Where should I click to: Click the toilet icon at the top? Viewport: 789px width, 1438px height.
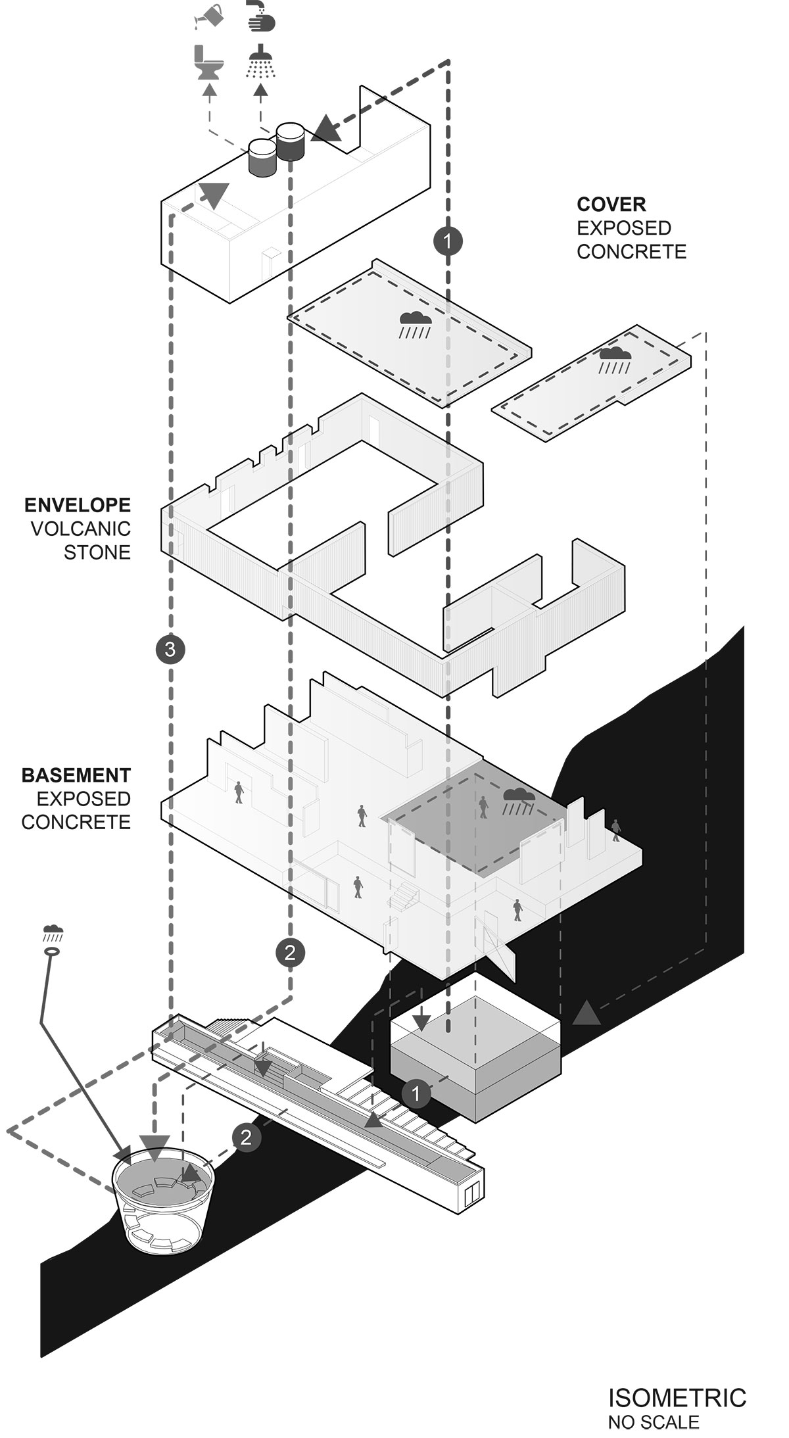[209, 64]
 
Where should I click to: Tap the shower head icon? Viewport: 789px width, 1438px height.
[261, 61]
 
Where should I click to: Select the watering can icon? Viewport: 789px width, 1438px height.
[209, 16]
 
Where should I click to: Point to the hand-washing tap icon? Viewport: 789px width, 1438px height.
[261, 16]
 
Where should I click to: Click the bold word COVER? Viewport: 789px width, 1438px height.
[611, 204]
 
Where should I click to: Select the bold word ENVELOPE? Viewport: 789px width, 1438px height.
[78, 505]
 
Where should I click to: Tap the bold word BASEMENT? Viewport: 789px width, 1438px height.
[76, 775]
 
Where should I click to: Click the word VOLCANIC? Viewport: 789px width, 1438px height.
[81, 529]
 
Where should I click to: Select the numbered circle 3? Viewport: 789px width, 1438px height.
[170, 650]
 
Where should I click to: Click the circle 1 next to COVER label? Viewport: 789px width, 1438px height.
[448, 241]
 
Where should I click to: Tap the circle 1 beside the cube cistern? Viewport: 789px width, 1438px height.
[416, 1093]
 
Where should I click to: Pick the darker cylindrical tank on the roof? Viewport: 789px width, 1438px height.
[290, 142]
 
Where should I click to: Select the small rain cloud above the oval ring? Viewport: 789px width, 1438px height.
[53, 931]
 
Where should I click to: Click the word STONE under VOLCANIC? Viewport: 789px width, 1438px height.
[97, 552]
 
